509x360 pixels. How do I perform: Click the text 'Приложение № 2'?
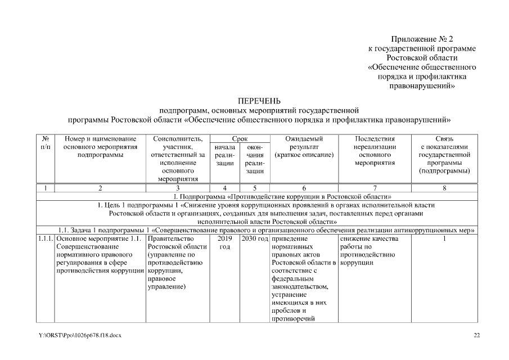[421, 39]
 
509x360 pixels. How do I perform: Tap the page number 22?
[476, 336]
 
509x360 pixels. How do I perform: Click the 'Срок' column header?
[240, 138]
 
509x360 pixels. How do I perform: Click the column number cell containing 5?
[255, 188]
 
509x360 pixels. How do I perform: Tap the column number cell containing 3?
[178, 188]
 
